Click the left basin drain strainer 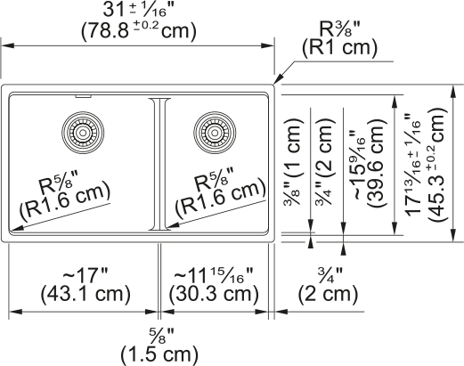83,133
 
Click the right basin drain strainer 215,133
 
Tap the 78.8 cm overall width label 139,31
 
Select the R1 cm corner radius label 339,48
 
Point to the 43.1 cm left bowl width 85,295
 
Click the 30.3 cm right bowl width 214,295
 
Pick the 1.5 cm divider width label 159,354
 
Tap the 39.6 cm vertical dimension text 376,163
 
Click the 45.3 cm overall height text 436,164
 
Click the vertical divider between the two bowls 159,164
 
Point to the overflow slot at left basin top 83,96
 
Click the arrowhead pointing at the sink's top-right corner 277,79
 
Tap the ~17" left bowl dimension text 85,275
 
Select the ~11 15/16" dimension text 214,275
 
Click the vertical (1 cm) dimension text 294,148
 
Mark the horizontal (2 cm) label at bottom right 328,295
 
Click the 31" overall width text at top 138,10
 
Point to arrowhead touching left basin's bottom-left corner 15,228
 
